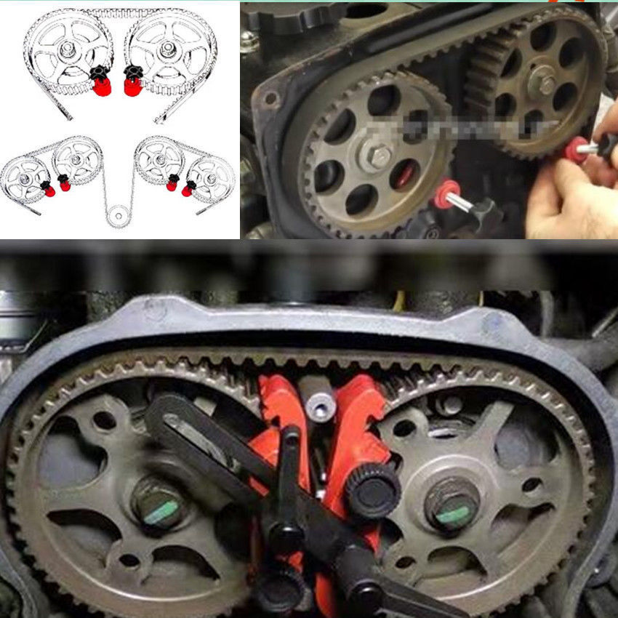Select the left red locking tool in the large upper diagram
click(102, 86)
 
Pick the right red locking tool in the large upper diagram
click(132, 86)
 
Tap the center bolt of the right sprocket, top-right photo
click(542, 81)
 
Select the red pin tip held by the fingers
click(576, 148)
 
